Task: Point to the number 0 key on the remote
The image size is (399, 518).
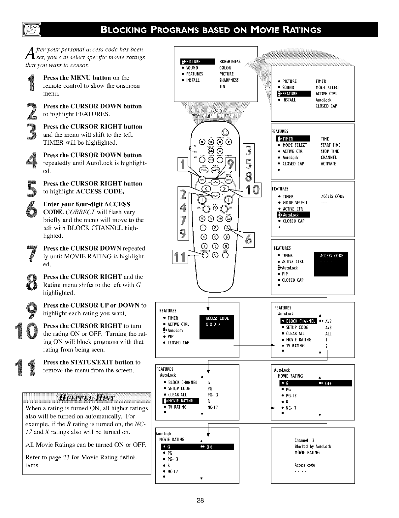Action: [x=215, y=255]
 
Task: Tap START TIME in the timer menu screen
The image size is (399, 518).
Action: [x=330, y=145]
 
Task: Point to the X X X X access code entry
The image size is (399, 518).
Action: [x=213, y=324]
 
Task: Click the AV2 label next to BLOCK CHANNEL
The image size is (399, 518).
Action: [x=328, y=321]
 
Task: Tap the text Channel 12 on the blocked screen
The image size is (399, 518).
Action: [x=304, y=440]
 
